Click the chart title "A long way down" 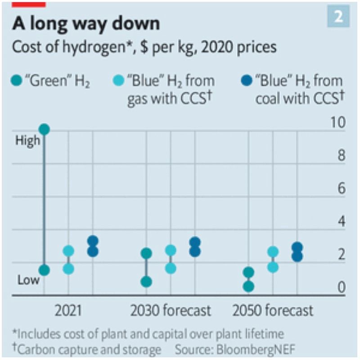click(x=86, y=23)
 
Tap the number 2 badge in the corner click(x=338, y=17)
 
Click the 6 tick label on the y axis click(x=342, y=189)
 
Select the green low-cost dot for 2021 click(x=44, y=270)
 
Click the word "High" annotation click(x=28, y=141)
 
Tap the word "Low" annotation click(x=28, y=280)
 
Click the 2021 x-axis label click(x=68, y=310)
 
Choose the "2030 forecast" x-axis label click(x=171, y=310)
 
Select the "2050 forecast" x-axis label click(x=273, y=310)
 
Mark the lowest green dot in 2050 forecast click(x=248, y=287)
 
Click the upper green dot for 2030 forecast click(x=146, y=253)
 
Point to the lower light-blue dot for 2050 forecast click(x=273, y=267)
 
